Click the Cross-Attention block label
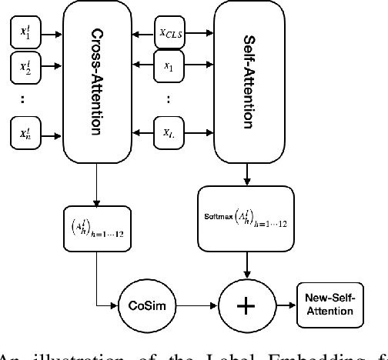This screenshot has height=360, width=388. [97, 82]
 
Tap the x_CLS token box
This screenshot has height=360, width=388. [170, 34]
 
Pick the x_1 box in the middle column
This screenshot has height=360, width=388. [169, 67]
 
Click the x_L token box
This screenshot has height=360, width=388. [169, 132]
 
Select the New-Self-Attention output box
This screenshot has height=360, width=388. [328, 305]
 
